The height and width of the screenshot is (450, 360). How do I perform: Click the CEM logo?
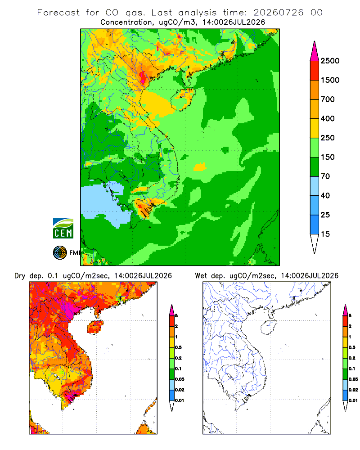click(63, 229)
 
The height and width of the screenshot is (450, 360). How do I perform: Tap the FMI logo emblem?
click(60, 253)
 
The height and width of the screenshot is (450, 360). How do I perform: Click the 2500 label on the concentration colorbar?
click(330, 61)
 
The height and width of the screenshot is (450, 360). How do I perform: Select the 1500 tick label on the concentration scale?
click(330, 80)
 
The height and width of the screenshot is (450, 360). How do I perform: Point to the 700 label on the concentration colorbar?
click(328, 99)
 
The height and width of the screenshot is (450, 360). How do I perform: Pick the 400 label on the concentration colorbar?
click(328, 118)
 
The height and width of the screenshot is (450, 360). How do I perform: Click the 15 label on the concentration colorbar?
click(325, 234)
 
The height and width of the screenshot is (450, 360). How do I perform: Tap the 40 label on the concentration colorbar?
click(325, 196)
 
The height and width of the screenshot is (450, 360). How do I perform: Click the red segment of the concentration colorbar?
click(315, 71)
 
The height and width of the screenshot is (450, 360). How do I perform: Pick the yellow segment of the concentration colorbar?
click(315, 128)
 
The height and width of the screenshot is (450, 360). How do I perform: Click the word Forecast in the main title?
click(58, 13)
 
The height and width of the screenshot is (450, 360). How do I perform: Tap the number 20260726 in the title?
click(278, 13)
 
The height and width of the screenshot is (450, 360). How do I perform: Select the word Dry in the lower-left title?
click(20, 276)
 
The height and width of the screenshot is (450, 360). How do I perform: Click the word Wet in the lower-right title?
click(201, 276)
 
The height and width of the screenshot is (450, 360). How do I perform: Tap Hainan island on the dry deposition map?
click(95, 328)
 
